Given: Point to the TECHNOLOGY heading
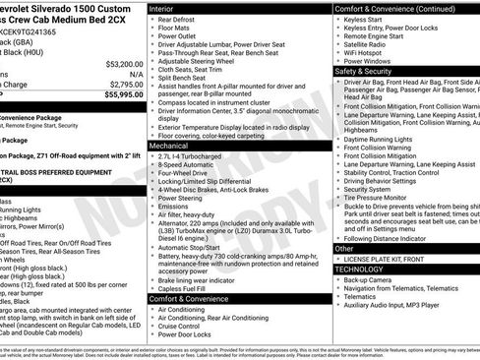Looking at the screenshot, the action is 359,268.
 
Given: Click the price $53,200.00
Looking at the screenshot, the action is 110,61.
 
